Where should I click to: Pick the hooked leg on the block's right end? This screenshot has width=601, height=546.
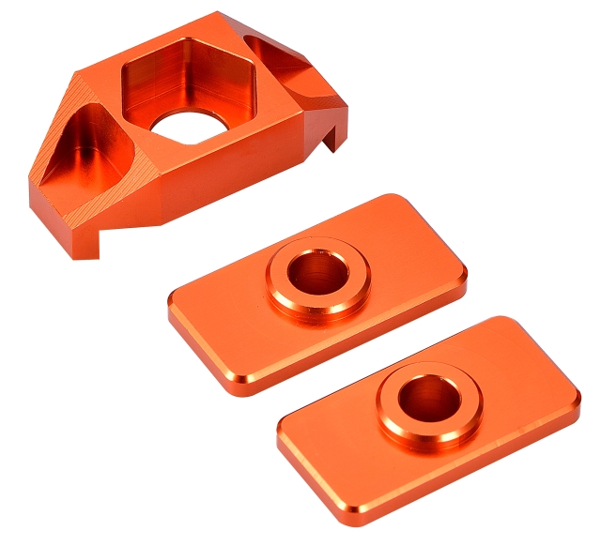334,131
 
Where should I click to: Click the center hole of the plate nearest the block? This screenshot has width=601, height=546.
316,272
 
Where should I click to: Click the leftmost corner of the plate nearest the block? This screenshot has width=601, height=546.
172,305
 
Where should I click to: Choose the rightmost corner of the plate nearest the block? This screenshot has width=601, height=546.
464,274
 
